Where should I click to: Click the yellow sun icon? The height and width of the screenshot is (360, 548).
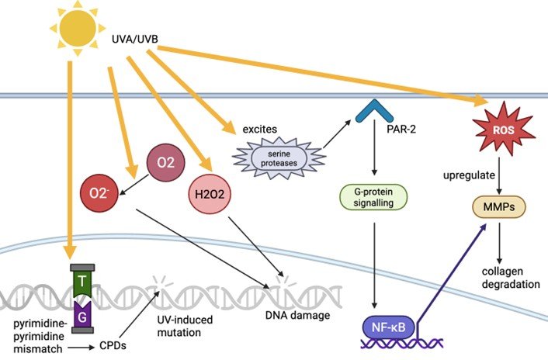tap(75, 29)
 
